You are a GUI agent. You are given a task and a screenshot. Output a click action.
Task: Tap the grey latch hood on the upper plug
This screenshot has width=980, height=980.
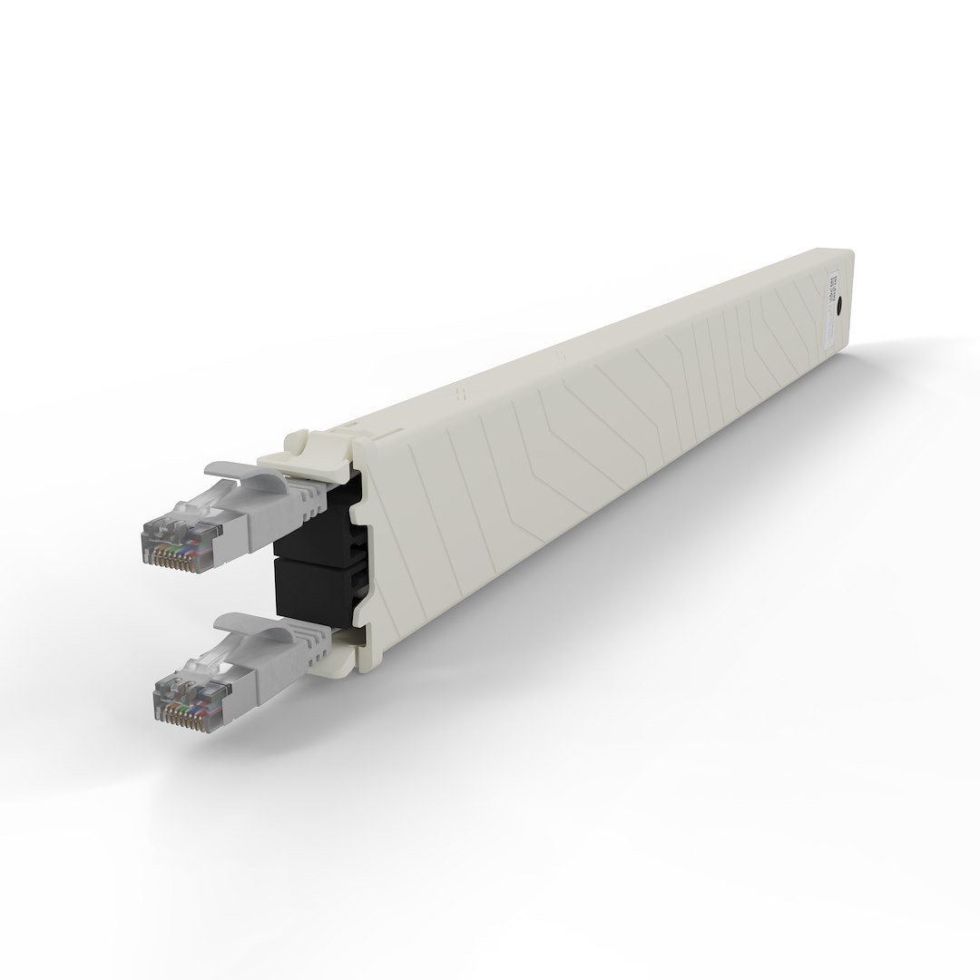[240, 471]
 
